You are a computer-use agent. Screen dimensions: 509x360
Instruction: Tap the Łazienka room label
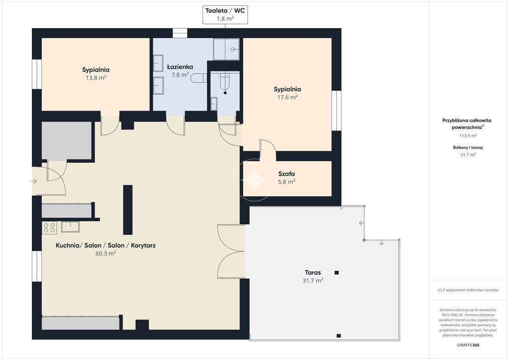(x=180, y=67)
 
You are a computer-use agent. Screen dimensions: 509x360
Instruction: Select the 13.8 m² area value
(x=96, y=78)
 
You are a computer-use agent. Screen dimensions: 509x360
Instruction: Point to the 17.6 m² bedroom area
(x=287, y=97)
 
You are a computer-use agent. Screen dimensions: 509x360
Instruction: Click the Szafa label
(x=287, y=174)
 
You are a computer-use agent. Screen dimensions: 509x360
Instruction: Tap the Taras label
(x=313, y=272)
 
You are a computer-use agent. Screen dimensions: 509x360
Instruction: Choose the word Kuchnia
(x=67, y=246)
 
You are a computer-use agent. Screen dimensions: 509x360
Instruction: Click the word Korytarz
(x=143, y=246)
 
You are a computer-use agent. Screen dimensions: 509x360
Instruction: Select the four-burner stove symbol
(x=49, y=228)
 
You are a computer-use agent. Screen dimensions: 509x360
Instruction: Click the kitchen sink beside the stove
(x=70, y=227)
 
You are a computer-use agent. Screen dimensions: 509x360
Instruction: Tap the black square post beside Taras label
(x=337, y=272)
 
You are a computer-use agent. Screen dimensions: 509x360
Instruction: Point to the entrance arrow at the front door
(x=34, y=181)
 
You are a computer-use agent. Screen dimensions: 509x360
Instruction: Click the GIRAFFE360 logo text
(x=468, y=345)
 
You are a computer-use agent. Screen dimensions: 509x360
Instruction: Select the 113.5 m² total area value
(x=468, y=136)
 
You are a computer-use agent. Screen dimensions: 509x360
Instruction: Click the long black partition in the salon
(x=128, y=210)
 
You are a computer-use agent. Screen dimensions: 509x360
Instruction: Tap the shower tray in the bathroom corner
(x=226, y=49)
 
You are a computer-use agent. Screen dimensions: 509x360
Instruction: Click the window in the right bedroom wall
(x=337, y=111)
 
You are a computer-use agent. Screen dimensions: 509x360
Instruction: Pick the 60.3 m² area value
(x=105, y=254)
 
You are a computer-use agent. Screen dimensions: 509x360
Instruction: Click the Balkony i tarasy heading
(x=468, y=147)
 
